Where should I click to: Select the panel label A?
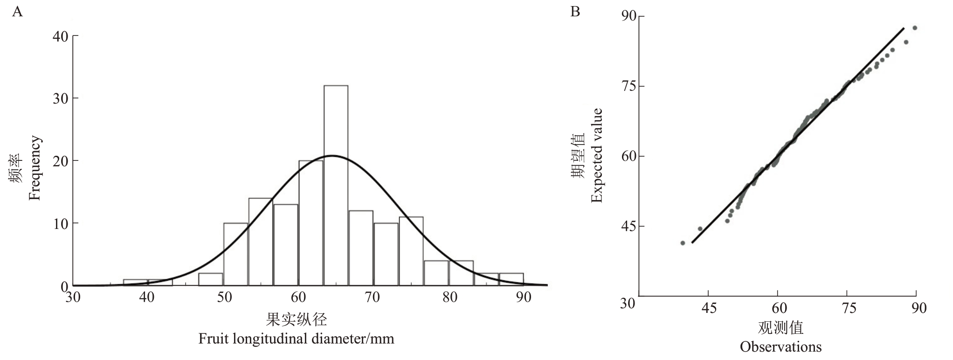18,12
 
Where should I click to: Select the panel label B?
575,12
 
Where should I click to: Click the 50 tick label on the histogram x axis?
224,298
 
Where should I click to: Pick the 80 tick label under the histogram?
449,298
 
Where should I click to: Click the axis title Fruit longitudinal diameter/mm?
296,339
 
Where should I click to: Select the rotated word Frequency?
35,168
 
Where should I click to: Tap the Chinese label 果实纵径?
296,320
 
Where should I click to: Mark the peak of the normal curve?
332,156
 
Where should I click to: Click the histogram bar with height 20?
311,223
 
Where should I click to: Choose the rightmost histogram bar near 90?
511,279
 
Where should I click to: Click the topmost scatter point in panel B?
915,28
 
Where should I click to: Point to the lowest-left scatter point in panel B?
683,243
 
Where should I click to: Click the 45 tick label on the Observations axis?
709,308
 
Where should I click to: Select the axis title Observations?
780,347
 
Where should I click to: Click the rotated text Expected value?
597,155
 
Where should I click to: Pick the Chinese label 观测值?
780,328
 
